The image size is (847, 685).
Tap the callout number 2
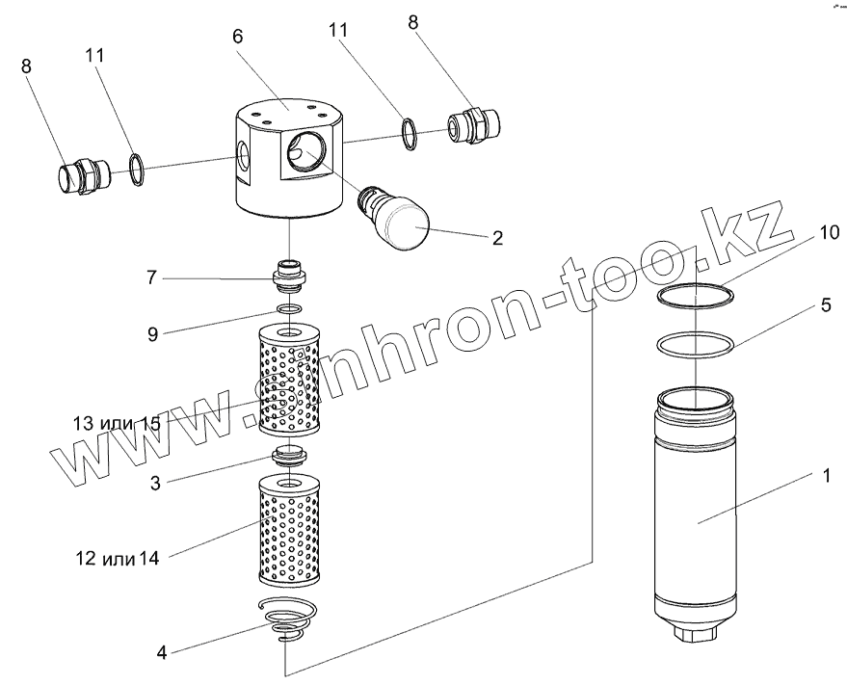[496, 237]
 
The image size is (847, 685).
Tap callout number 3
[155, 484]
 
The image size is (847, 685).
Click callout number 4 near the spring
[162, 652]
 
